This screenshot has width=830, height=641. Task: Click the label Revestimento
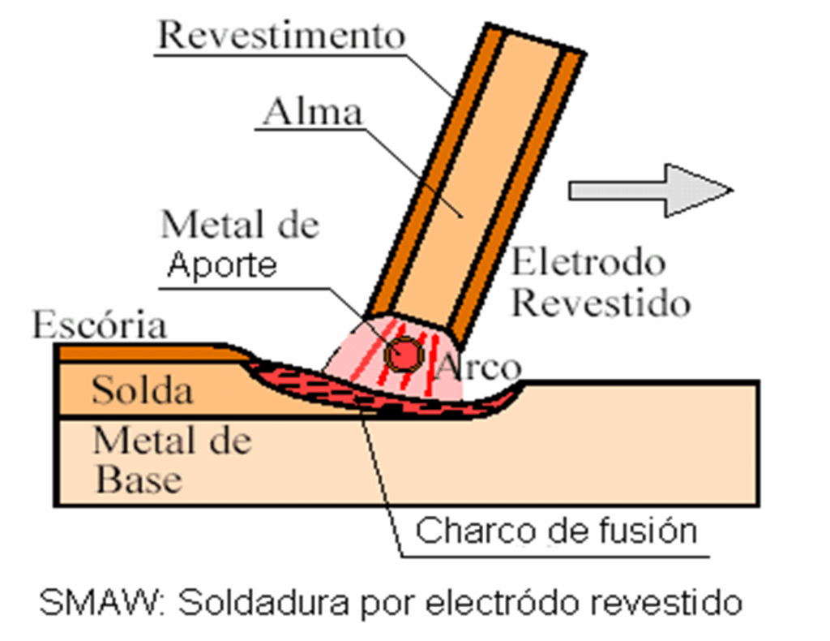coord(280,35)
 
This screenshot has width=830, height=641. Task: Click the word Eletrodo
coord(588,262)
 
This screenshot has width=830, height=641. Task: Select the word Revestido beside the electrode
coord(601,303)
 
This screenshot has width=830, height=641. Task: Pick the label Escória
coord(99,325)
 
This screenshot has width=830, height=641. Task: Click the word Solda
coord(142,391)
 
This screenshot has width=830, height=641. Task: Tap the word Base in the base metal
coord(139,480)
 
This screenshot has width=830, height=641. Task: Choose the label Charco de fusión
coord(556,531)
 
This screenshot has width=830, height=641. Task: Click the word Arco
coord(478,367)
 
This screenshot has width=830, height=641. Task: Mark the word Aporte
coord(222,265)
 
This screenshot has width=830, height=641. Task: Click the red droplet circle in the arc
coord(403,354)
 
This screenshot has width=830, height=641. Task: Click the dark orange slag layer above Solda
coord(138,353)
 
